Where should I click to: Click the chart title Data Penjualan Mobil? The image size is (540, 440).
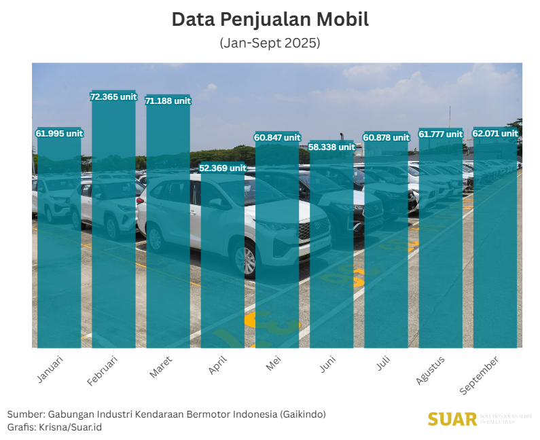[x=270, y=20]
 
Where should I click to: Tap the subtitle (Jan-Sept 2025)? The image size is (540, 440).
[x=270, y=43]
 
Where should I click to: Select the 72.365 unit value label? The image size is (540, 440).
[x=113, y=97]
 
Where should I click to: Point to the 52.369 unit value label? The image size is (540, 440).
[x=223, y=168]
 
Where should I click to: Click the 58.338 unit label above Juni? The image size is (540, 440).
[x=331, y=147]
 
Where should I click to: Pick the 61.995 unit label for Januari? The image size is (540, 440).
[x=59, y=134]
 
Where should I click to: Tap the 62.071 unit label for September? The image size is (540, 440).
[x=495, y=134]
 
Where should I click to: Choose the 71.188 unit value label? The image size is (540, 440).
[x=168, y=100]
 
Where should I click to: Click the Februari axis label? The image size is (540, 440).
[x=103, y=371]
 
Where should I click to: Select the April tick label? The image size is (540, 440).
[x=218, y=365]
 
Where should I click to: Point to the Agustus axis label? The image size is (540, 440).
[x=431, y=369]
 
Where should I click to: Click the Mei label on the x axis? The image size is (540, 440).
[x=273, y=363]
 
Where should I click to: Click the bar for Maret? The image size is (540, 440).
[x=168, y=231]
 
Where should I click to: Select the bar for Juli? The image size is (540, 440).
[x=386, y=244]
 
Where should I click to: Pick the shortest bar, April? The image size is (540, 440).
[x=223, y=265]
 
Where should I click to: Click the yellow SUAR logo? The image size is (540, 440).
[x=452, y=419]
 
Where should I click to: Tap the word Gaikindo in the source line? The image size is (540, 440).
[x=303, y=414]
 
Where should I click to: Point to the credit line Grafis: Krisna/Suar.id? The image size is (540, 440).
[x=55, y=427]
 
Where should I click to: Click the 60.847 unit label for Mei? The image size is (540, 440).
[x=277, y=137]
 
